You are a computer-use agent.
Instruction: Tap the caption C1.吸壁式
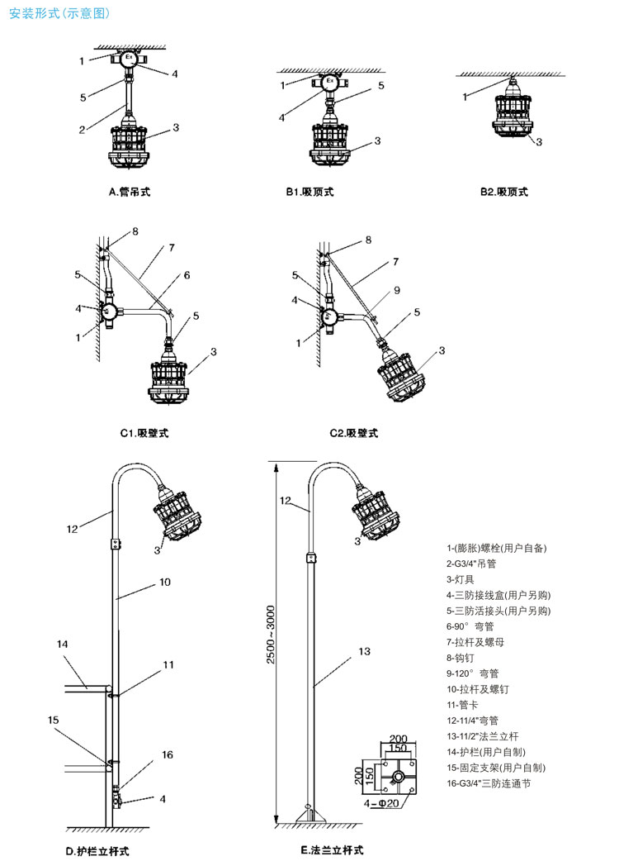144,433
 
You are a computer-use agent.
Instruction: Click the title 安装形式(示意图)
59,14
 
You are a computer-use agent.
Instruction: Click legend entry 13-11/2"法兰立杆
484,736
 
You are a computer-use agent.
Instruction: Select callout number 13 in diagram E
365,652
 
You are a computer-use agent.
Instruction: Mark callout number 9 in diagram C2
397,290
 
